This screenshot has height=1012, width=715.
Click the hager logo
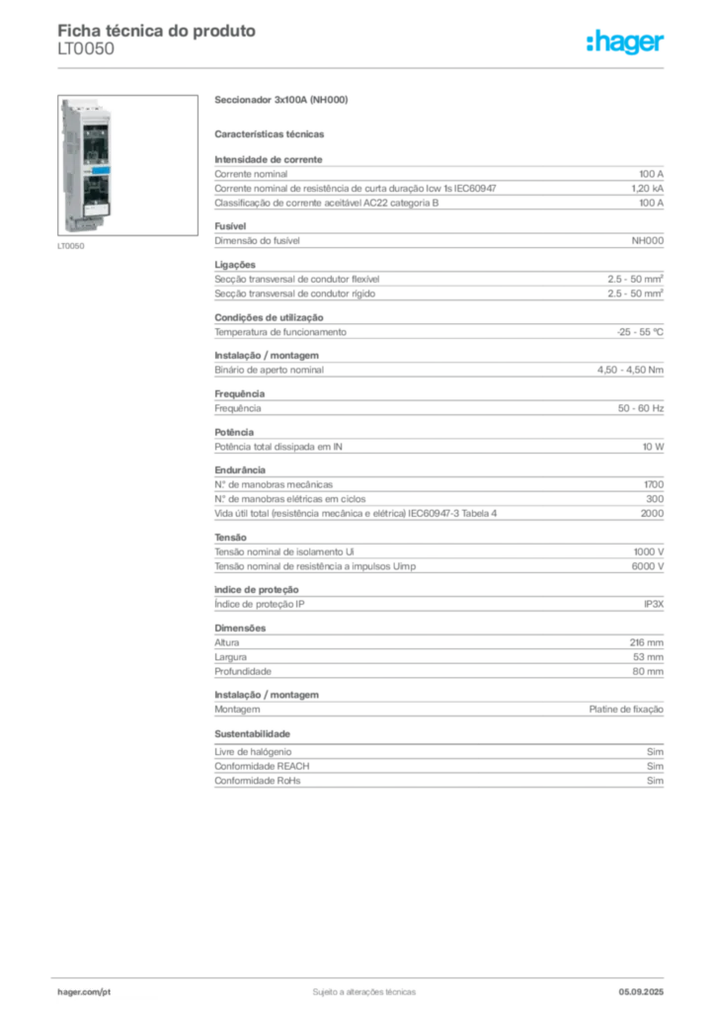point(625,42)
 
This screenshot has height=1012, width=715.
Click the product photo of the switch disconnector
point(127,165)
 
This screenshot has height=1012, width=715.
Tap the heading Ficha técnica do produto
point(157,31)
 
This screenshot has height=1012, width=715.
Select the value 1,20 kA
point(647,189)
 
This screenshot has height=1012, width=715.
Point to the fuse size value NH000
point(647,241)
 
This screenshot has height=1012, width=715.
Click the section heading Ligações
point(235,265)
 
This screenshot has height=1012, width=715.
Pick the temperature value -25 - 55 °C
point(640,332)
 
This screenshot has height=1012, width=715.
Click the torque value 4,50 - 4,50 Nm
point(630,370)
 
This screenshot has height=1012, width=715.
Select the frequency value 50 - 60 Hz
point(640,408)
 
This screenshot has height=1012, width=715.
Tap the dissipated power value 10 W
point(653,447)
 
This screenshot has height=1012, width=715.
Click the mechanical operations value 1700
point(654,484)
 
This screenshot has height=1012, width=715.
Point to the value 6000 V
point(647,566)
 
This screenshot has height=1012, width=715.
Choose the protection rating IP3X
point(654,604)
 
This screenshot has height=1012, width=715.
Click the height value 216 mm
point(647,642)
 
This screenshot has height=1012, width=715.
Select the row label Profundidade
point(243,671)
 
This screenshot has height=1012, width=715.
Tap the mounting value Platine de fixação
point(626,710)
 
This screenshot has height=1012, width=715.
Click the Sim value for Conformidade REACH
point(655,766)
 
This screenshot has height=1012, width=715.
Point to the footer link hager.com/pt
point(84,992)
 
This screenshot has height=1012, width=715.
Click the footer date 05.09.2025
point(641,992)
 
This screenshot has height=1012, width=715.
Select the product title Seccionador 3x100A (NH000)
point(281,100)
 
